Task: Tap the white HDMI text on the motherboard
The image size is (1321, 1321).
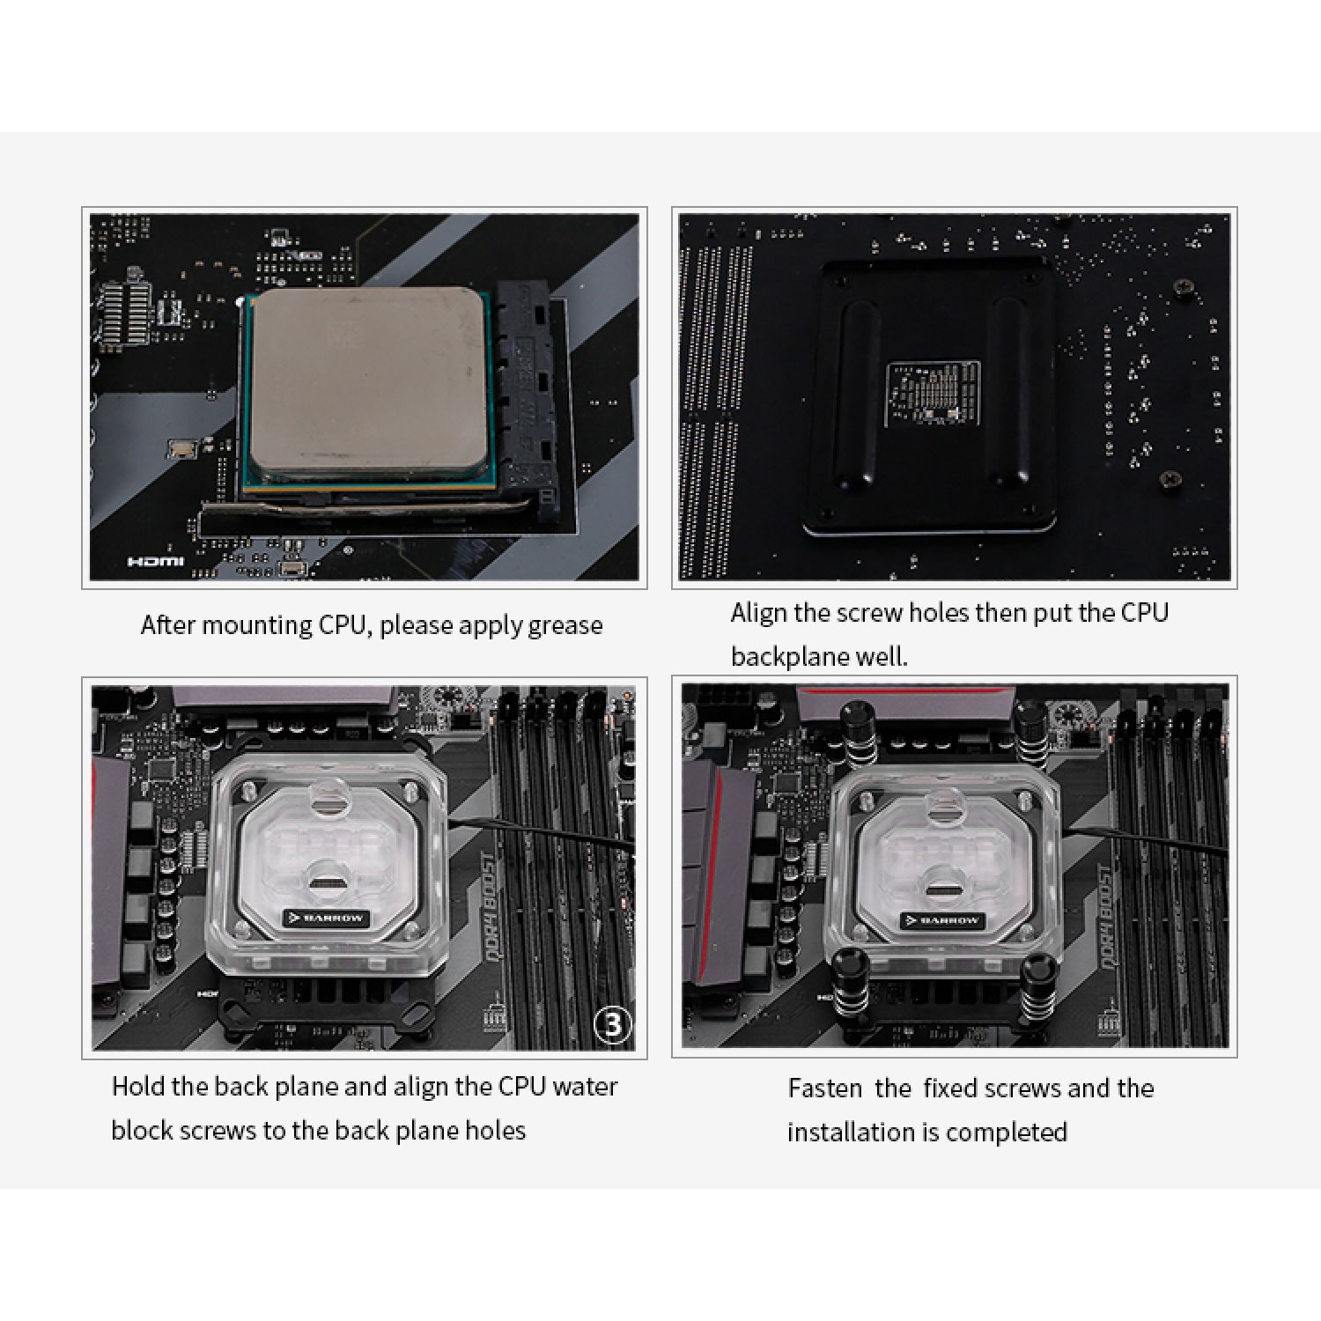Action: click(x=156, y=562)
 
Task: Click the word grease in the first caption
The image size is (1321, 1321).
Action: click(x=565, y=626)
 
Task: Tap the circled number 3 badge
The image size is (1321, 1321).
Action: click(x=613, y=1023)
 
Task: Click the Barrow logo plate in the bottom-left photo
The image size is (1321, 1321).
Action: click(x=325, y=917)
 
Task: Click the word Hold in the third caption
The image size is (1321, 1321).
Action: click(x=138, y=1087)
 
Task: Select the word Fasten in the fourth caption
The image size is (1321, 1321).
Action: click(x=824, y=1089)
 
